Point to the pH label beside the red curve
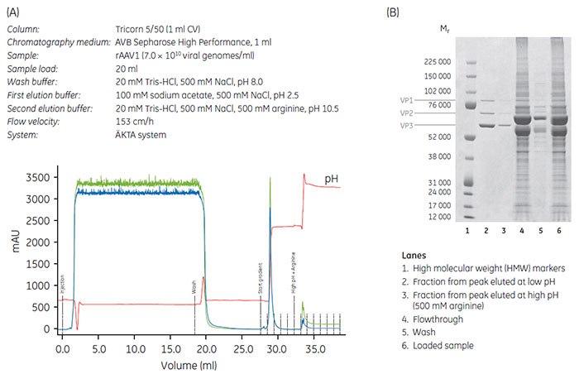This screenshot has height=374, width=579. coord(331,178)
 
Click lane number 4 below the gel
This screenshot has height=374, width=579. coord(523,230)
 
